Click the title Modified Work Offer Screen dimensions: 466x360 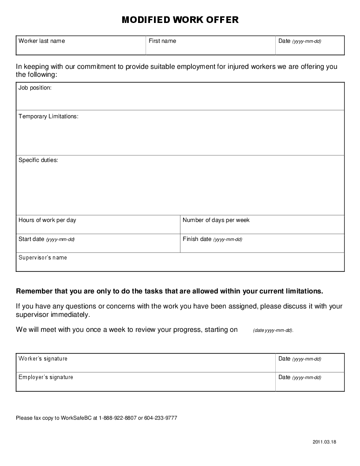click(x=180, y=20)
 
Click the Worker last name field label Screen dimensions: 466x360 click(x=41, y=41)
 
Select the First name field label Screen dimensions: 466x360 click(x=162, y=41)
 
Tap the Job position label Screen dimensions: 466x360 click(x=35, y=88)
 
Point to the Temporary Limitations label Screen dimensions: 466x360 click(x=48, y=116)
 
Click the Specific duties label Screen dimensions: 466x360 click(x=38, y=160)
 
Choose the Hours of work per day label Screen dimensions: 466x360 click(x=47, y=220)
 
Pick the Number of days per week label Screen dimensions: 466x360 click(x=216, y=220)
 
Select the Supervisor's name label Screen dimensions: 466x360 click(x=43, y=258)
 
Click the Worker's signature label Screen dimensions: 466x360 click(x=43, y=359)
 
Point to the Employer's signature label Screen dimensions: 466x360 click(x=45, y=377)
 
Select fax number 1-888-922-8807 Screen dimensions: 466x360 click(x=118, y=418)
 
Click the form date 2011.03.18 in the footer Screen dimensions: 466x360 click(x=324, y=442)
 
